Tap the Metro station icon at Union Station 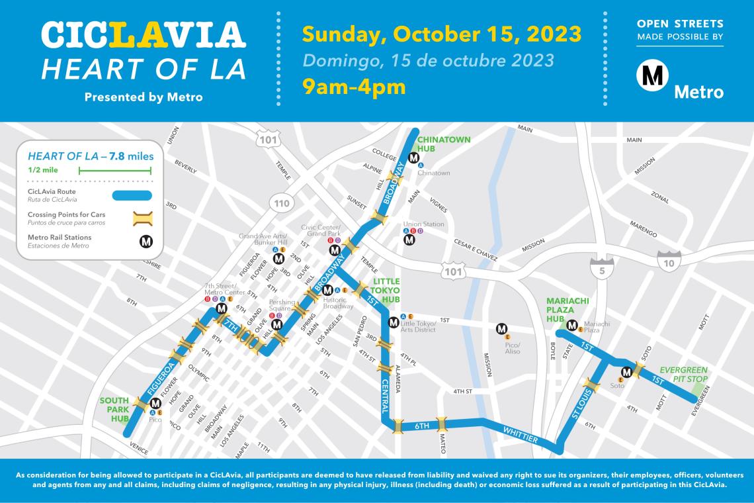tap(409, 240)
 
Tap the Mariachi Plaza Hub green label tap(567, 309)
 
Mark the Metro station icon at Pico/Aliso tap(502, 328)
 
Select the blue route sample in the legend tap(132, 195)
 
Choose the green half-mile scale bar tap(115, 171)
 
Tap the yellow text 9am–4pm tap(355, 86)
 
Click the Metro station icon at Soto tap(626, 373)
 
